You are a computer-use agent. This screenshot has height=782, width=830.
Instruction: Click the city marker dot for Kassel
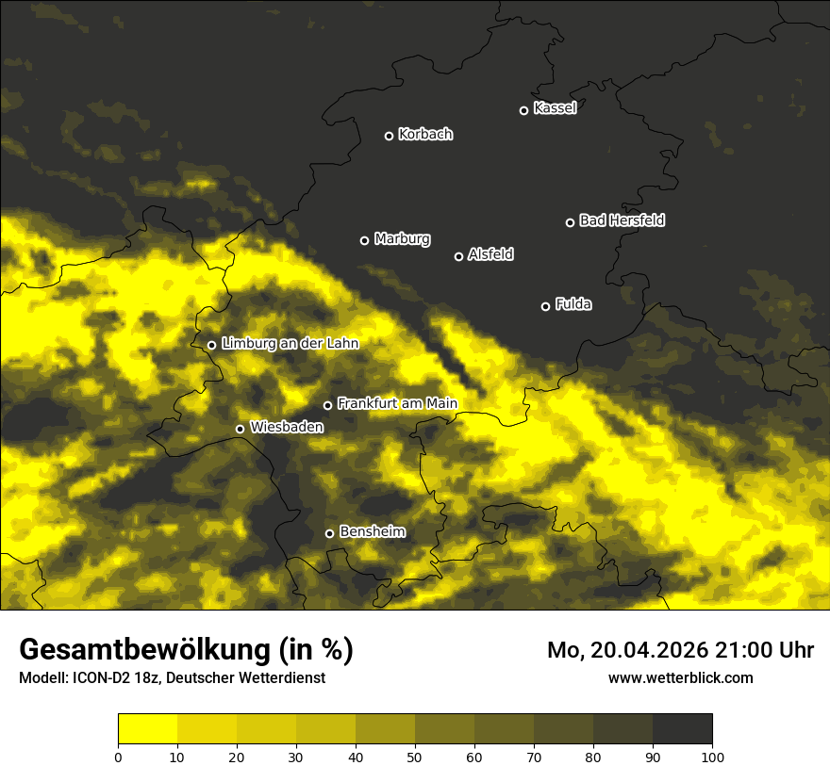[524, 110]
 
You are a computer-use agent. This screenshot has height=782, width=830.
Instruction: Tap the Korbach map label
[425, 135]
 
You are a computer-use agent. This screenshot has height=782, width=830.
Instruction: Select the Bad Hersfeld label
[622, 220]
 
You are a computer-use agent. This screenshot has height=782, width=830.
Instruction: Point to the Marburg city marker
[364, 240]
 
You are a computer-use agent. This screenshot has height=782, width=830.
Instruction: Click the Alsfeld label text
[490, 254]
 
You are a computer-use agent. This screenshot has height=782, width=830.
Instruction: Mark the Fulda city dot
[545, 306]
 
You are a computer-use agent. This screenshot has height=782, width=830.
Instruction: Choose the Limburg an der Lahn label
[290, 344]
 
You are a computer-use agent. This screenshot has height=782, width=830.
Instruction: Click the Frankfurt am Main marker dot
[328, 405]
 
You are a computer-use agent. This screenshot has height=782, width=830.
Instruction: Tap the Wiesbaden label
[287, 428]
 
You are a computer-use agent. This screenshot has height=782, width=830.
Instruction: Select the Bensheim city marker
[329, 533]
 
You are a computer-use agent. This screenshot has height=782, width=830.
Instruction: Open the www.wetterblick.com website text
[680, 677]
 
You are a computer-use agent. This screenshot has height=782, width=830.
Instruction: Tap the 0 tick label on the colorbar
[118, 757]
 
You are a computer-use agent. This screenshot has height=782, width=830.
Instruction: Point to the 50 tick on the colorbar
[415, 757]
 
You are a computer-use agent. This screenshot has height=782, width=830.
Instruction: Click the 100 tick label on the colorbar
[712, 757]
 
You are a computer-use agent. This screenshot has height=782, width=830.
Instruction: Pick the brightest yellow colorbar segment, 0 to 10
[147, 728]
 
